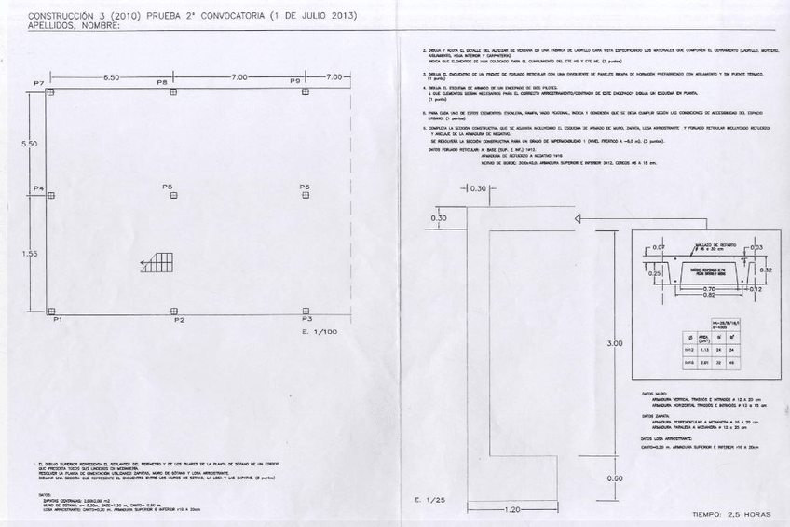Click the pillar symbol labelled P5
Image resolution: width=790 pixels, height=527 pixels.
coord(174,196)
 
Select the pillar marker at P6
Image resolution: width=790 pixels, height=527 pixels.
coord(306,196)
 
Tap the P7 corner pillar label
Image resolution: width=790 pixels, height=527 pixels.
coord(39,84)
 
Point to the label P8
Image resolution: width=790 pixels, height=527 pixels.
coord(162,82)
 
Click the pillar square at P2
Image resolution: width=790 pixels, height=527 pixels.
coord(174,311)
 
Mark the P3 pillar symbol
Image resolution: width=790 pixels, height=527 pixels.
coord(306,311)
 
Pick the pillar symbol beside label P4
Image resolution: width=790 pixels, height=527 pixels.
coord(51,196)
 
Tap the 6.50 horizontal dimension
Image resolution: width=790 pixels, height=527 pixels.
coord(111,76)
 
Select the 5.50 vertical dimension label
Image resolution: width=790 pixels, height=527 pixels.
coord(29,144)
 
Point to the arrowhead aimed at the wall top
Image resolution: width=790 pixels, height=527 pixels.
coord(579,218)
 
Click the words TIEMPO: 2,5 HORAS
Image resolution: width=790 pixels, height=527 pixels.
coord(731,514)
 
